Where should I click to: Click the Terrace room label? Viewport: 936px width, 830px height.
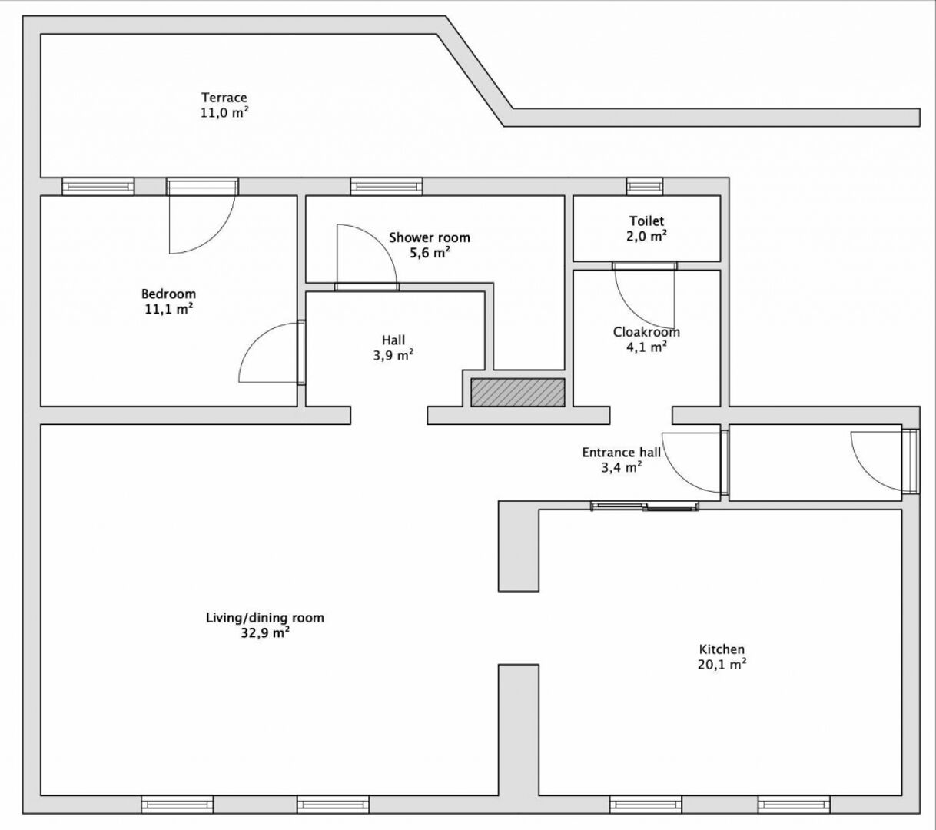pyautogui.click(x=224, y=98)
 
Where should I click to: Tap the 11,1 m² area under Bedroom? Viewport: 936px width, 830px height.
pyautogui.click(x=168, y=309)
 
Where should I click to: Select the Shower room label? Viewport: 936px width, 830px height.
pyautogui.click(x=429, y=237)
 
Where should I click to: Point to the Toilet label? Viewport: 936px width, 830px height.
pyautogui.click(x=646, y=221)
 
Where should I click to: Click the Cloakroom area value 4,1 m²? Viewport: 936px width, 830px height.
pyautogui.click(x=646, y=347)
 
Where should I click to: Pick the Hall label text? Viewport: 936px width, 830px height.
pyautogui.click(x=393, y=340)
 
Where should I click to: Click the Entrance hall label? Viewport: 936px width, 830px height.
pyautogui.click(x=620, y=453)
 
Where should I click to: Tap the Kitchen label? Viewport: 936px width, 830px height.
pyautogui.click(x=722, y=649)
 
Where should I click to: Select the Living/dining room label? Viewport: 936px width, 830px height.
pyautogui.click(x=264, y=618)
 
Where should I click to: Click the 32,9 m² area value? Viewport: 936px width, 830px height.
pyautogui.click(x=264, y=633)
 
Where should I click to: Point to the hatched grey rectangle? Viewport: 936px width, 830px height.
pyautogui.click(x=517, y=392)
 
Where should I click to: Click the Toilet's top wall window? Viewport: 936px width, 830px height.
pyautogui.click(x=644, y=186)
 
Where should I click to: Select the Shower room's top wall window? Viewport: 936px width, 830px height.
pyautogui.click(x=386, y=186)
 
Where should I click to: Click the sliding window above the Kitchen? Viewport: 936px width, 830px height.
pyautogui.click(x=645, y=505)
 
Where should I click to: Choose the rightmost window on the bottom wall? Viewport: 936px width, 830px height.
pyautogui.click(x=793, y=805)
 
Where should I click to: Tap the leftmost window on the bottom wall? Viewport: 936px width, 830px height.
pyautogui.click(x=177, y=805)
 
